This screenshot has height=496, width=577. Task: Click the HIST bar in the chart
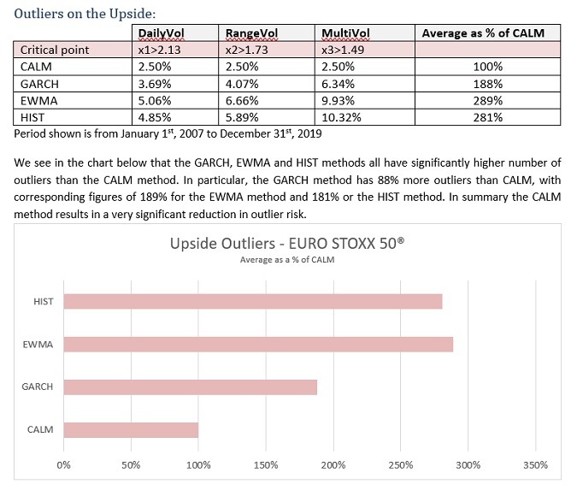252,301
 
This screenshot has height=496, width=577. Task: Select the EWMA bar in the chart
257,344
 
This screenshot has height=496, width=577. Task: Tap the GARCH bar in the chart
190,387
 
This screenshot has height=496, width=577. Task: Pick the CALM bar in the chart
130,429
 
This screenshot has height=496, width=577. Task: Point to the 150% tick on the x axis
265,465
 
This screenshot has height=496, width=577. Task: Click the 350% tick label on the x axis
535,465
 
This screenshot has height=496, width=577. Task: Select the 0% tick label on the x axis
63,465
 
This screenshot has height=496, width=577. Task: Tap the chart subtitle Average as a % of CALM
287,260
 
